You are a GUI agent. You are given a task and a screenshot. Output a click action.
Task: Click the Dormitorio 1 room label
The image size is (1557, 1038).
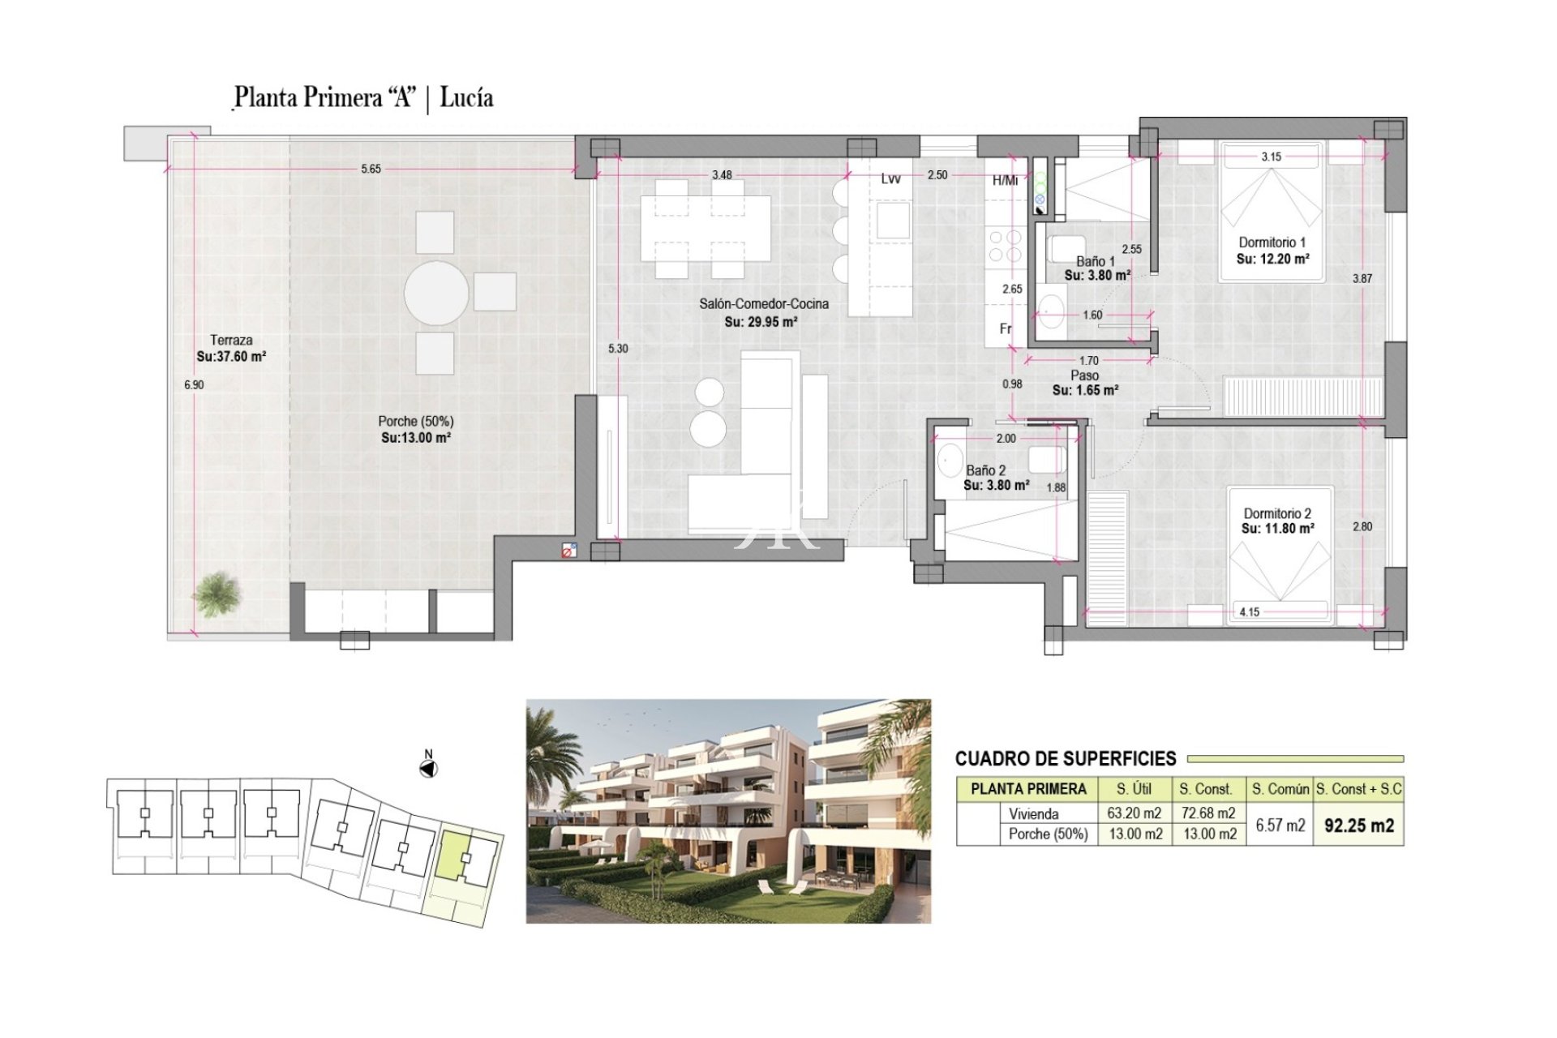[x=1272, y=242]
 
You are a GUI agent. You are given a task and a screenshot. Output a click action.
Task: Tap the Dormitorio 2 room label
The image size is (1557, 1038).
[x=1277, y=513]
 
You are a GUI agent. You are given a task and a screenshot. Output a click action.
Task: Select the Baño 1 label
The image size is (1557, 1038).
[x=1095, y=261]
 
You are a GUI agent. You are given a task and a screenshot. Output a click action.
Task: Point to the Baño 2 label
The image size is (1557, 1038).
[x=985, y=470]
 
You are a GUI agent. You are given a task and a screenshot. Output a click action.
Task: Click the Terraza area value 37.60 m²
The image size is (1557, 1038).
[x=231, y=356]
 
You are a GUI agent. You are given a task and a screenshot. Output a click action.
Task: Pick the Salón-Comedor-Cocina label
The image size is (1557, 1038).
[x=764, y=304]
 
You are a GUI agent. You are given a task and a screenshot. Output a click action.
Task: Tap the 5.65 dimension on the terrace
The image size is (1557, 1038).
[x=371, y=169]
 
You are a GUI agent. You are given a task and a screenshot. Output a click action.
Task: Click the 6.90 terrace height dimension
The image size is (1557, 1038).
[x=194, y=385]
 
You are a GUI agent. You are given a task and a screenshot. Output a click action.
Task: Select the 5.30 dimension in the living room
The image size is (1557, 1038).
[x=618, y=349]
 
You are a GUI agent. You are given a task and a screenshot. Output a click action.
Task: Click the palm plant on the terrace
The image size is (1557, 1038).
[x=217, y=594]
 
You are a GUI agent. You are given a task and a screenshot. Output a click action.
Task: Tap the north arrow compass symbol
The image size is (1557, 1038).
[x=429, y=768]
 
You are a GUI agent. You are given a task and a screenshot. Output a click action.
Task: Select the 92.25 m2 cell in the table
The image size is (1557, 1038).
[x=1359, y=826]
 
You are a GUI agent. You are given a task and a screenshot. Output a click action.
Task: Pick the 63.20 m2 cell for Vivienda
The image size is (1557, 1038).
[x=1135, y=813]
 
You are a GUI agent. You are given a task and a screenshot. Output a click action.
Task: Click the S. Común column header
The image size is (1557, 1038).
[x=1280, y=788]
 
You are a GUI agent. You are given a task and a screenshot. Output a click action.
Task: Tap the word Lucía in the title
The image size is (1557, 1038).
[x=466, y=98]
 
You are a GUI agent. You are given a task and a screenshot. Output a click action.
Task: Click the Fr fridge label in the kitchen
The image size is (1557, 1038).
[x=1006, y=328]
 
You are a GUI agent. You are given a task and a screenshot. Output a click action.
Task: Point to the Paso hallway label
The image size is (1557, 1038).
[x=1084, y=375]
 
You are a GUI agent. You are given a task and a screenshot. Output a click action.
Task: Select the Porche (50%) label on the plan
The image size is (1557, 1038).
[x=416, y=422]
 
